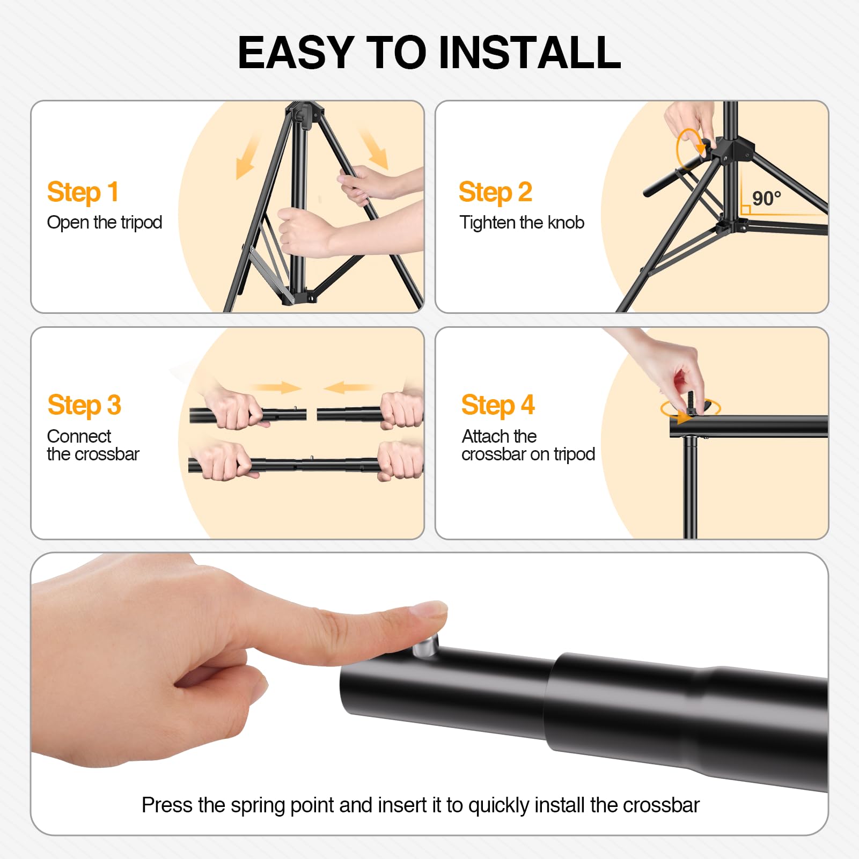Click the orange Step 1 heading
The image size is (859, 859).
tap(83, 193)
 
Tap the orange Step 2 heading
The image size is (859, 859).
tap(495, 193)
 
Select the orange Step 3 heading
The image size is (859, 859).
tap(84, 406)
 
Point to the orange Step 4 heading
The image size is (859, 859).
tap(497, 406)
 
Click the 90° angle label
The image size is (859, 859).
tap(766, 199)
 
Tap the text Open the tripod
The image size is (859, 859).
tap(105, 223)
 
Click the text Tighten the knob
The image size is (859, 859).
tap(522, 223)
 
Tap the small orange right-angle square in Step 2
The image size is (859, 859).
tap(745, 210)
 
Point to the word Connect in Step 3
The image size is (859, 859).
tap(79, 436)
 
